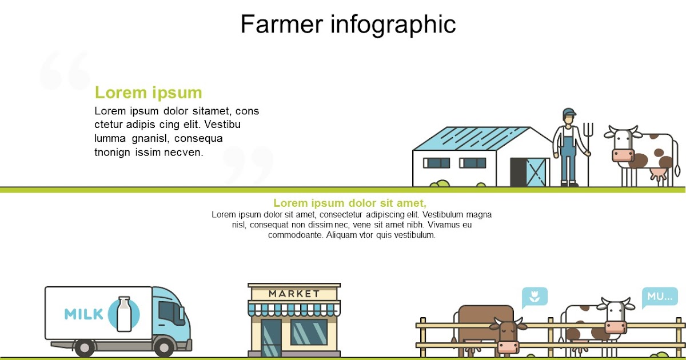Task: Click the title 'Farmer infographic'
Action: coord(348,25)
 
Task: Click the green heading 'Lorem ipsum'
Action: coord(149,93)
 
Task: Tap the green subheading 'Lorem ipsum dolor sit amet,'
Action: coord(350,203)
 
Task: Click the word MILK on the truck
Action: coord(83,314)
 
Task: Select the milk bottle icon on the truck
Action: coord(124,314)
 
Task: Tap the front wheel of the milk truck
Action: coord(164,347)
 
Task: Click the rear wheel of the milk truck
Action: coord(85,348)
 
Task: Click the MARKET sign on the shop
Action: coord(294,294)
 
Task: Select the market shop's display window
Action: coord(309,332)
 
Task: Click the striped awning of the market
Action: coord(294,309)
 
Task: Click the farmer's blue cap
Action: coord(569,112)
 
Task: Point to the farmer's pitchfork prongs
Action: coord(588,130)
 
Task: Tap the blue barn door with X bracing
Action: coord(536,173)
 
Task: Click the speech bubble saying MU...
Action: coord(660,297)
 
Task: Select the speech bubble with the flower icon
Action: coord(535,297)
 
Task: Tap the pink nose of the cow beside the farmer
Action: coord(623,155)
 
